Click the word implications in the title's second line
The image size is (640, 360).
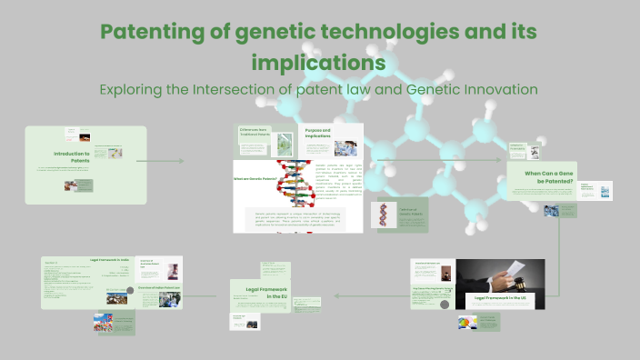(319, 63)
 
